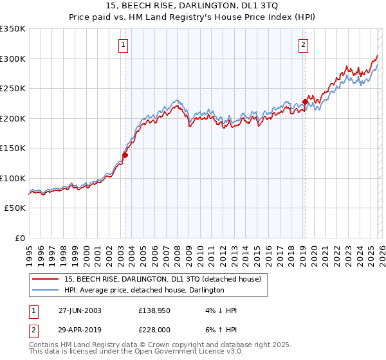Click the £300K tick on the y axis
click(13, 59)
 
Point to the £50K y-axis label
click(15, 208)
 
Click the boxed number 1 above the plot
click(123, 44)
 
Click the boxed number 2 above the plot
click(302, 44)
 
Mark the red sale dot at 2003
click(125, 155)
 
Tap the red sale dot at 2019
click(305, 102)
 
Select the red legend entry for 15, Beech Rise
click(162, 279)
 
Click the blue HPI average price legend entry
click(143, 290)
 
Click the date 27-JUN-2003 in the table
click(79, 310)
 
